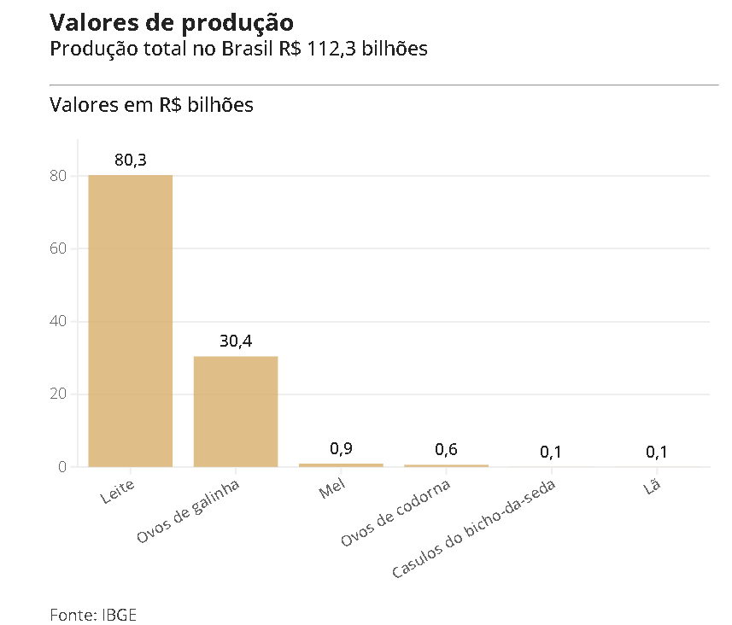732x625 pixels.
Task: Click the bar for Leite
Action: click(x=130, y=320)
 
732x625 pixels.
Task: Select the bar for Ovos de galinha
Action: click(x=236, y=411)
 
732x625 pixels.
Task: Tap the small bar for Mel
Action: click(x=341, y=464)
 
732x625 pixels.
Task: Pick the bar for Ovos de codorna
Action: click(x=446, y=465)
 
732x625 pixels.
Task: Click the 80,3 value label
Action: click(x=131, y=160)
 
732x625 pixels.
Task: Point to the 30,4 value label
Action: click(x=236, y=341)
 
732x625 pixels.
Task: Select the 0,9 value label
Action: click(x=341, y=449)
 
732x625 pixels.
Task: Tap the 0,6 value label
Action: click(x=446, y=450)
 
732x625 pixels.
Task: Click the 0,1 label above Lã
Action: click(x=657, y=452)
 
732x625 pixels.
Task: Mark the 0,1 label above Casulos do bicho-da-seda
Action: click(x=552, y=452)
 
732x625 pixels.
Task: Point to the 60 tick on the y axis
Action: click(x=58, y=248)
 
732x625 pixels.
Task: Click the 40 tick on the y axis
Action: click(x=58, y=322)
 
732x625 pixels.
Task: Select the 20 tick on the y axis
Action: click(x=58, y=394)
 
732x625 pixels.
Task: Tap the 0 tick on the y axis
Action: click(x=62, y=467)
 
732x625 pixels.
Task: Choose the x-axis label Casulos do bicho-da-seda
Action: click(x=475, y=530)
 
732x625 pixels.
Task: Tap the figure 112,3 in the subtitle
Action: click(x=327, y=49)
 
